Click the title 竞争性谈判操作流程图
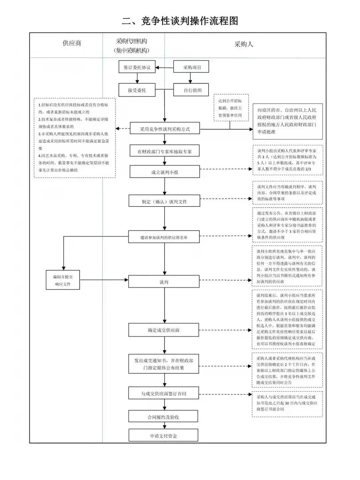pyautogui.click(x=180, y=21)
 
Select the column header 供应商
pyautogui.click(x=72, y=43)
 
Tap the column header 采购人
pyautogui.click(x=244, y=44)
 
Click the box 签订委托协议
pyautogui.click(x=137, y=67)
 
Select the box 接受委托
pyautogui.click(x=137, y=90)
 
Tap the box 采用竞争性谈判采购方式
pyautogui.click(x=165, y=129)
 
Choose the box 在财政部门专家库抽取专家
pyautogui.click(x=165, y=151)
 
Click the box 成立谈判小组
pyautogui.click(x=165, y=172)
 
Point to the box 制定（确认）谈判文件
pyautogui.click(x=164, y=201)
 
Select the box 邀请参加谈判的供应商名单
pyautogui.click(x=164, y=237)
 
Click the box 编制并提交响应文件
pyautogui.click(x=63, y=280)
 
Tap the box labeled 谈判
pyautogui.click(x=164, y=282)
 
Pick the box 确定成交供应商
pyautogui.click(x=164, y=330)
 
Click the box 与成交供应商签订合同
pyautogui.click(x=164, y=394)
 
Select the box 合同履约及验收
pyautogui.click(x=163, y=417)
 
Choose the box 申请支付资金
pyautogui.click(x=163, y=436)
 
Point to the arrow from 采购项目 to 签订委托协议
pyautogui.click(x=165, y=68)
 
